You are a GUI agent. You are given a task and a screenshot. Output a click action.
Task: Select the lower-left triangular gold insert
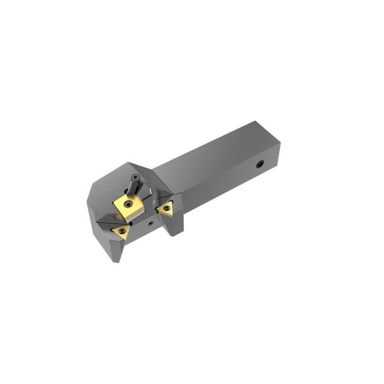click(120, 232)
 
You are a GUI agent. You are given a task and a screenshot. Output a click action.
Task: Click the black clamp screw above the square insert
click(133, 185)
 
